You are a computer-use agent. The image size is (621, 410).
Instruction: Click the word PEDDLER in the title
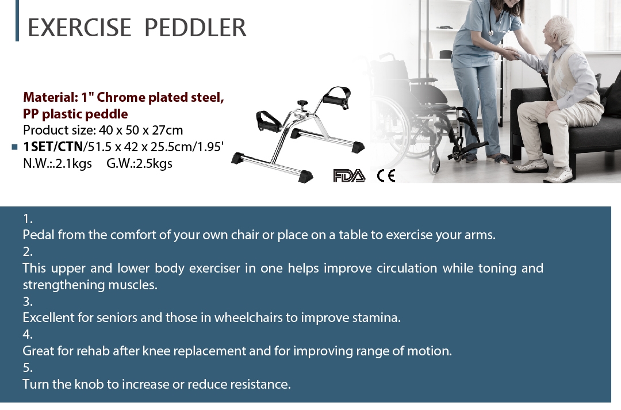coord(195,28)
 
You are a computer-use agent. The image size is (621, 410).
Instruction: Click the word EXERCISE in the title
coord(79,28)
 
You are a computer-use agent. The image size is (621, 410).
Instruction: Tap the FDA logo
coord(349,175)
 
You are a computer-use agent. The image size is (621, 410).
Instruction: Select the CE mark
coord(386,175)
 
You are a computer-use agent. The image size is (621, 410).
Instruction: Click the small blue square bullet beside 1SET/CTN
coord(14,147)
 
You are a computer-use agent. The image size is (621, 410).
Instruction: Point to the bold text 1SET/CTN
coord(53,147)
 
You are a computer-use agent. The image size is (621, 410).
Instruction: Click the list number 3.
coord(28,301)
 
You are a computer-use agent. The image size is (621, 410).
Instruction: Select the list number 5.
coord(28,367)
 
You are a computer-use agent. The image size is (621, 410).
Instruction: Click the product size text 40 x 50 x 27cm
coord(141,130)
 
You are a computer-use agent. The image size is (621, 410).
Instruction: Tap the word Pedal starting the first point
coord(39,235)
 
